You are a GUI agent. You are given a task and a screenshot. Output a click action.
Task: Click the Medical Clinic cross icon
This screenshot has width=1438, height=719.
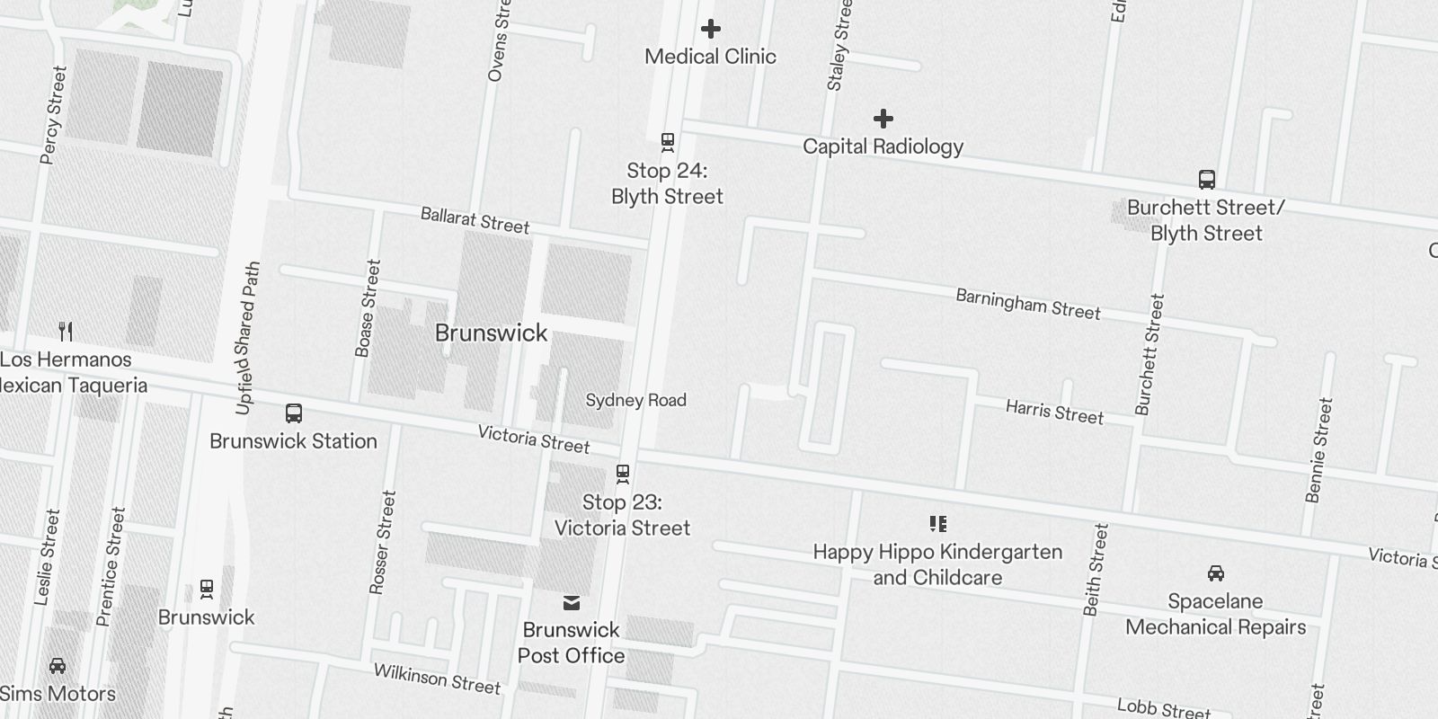coord(711,30)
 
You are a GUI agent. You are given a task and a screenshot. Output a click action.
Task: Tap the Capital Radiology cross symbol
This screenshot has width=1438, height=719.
coord(883,119)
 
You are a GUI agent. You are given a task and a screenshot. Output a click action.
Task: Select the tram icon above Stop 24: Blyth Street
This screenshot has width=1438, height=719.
coord(668,142)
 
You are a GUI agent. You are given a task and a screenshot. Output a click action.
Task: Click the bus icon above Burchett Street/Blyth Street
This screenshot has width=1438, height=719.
coord(1207,180)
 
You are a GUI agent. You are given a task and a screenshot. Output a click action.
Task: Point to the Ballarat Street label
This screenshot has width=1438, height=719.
coord(475,220)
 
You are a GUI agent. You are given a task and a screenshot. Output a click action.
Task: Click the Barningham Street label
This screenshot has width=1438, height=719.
coord(1027,304)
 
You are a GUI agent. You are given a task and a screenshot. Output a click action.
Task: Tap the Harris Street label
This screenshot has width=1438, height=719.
coord(1054,412)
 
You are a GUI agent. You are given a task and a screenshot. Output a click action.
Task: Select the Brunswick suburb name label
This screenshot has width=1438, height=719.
coord(491,333)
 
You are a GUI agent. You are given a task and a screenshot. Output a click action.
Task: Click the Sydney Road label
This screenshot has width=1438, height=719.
coord(635,400)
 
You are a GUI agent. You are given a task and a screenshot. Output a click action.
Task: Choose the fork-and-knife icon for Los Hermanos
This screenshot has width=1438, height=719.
coord(66,332)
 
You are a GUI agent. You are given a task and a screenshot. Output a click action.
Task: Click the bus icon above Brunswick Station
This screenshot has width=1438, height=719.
coord(294,413)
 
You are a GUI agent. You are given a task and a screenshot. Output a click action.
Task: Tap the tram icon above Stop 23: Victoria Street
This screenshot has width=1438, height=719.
coord(622,474)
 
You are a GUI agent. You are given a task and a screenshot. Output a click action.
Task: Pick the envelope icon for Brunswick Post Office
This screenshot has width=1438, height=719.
coord(572,602)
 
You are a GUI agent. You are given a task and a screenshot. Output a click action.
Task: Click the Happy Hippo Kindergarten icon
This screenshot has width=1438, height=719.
coord(937,524)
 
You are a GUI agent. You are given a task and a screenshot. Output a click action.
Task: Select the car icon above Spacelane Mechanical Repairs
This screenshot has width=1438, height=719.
coord(1215,573)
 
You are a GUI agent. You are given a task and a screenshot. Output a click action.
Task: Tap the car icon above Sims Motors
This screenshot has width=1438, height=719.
coord(58,666)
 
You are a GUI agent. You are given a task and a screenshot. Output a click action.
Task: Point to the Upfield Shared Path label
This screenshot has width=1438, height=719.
coord(247,338)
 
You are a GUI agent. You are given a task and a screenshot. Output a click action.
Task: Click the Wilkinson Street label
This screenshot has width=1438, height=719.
coord(437,679)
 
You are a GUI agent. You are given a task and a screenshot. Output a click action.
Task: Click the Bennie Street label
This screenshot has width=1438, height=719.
coord(1318,450)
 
